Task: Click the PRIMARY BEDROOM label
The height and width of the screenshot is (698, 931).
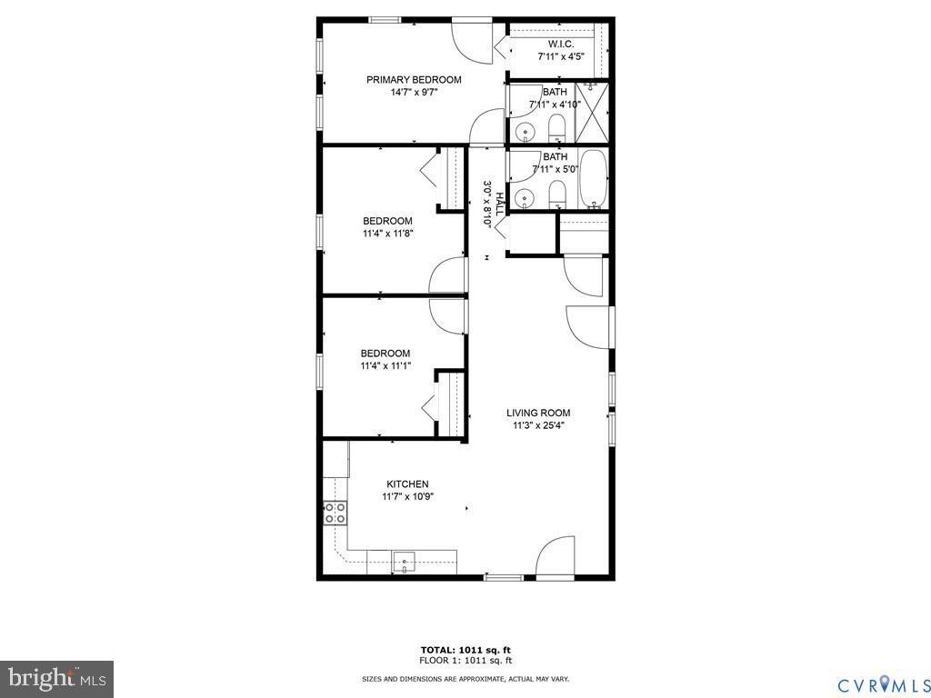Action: [414, 80]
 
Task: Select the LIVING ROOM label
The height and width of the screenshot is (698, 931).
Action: [538, 413]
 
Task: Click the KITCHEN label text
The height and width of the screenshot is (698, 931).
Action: [407, 484]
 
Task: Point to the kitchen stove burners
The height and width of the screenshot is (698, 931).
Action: [335, 513]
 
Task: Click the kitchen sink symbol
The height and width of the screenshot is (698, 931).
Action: [404, 561]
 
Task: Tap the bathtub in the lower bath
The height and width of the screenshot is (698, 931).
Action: [594, 179]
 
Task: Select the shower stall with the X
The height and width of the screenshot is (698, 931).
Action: [594, 114]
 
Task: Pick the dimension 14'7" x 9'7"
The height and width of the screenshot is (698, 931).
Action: [414, 93]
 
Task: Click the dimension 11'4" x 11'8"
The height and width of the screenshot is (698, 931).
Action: [387, 234]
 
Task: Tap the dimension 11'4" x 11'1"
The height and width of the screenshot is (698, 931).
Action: [385, 366]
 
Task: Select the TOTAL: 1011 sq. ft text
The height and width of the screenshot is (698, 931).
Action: [465, 650]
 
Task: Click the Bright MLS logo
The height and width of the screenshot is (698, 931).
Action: [56, 678]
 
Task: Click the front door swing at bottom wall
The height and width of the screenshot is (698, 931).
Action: [555, 558]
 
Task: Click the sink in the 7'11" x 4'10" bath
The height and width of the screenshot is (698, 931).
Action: [535, 129]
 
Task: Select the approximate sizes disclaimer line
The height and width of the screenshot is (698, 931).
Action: [465, 679]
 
